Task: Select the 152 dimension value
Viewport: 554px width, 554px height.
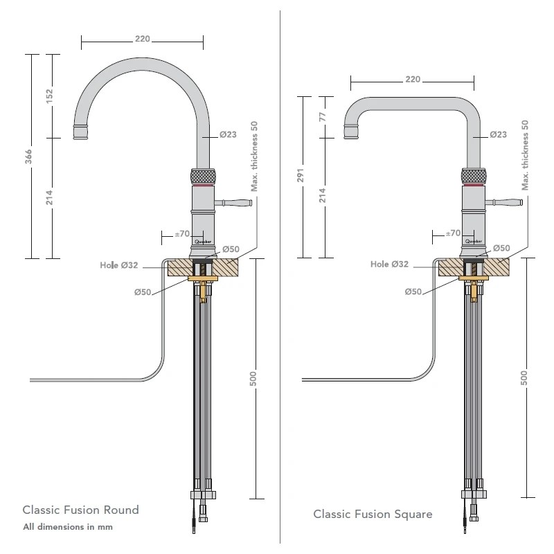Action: pyautogui.click(x=49, y=96)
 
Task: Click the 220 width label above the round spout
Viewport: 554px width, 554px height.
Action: pyautogui.click(x=142, y=39)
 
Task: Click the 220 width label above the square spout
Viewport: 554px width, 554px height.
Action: pyautogui.click(x=412, y=79)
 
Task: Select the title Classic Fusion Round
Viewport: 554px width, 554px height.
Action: pyautogui.click(x=81, y=510)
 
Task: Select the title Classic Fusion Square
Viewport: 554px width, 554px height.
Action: pyautogui.click(x=373, y=514)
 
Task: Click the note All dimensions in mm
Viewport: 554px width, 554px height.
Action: pyautogui.click(x=67, y=527)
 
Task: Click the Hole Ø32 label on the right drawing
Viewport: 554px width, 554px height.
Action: pyautogui.click(x=389, y=264)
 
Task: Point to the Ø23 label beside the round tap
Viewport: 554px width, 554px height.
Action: pyautogui.click(x=229, y=134)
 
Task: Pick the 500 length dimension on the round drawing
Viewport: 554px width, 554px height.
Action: pyautogui.click(x=253, y=378)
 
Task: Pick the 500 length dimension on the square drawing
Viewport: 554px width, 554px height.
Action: pyautogui.click(x=524, y=377)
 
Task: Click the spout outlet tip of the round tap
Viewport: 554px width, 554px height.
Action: pyautogui.click(x=80, y=132)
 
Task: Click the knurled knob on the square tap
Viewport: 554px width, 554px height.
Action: pyautogui.click(x=474, y=176)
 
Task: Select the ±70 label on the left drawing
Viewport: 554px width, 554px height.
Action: pyautogui.click(x=182, y=233)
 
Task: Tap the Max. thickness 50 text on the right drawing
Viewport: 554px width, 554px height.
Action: pyautogui.click(x=526, y=155)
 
